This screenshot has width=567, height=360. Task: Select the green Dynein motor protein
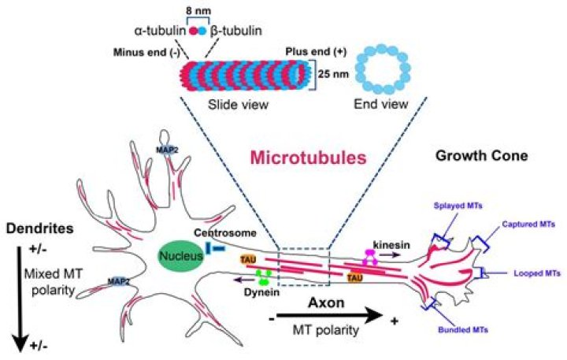tap(265, 277)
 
